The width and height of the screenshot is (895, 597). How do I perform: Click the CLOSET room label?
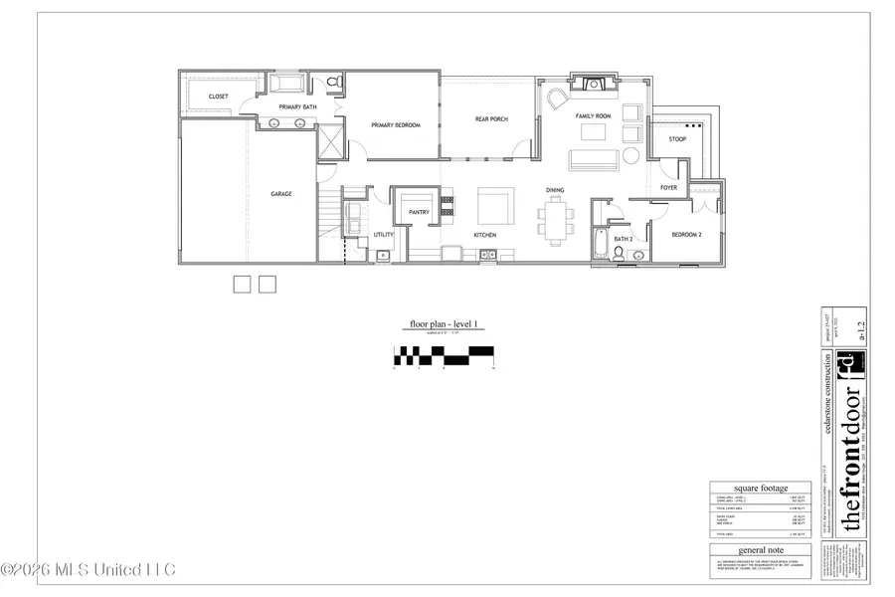click(218, 97)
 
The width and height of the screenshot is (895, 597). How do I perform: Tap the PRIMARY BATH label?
click(297, 107)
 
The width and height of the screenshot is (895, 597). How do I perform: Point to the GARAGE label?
click(281, 193)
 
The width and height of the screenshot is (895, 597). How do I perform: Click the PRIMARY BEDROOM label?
click(396, 125)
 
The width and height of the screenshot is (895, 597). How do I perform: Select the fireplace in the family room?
click(595, 85)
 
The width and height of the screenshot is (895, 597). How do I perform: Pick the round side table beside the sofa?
click(630, 157)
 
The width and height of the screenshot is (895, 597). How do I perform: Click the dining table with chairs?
click(556, 218)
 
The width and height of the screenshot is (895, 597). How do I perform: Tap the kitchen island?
click(495, 207)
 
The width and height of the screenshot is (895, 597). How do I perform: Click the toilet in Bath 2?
click(619, 254)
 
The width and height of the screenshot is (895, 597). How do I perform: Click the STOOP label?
click(677, 139)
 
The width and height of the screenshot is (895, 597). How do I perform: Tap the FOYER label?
click(668, 187)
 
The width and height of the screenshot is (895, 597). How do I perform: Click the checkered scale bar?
click(444, 352)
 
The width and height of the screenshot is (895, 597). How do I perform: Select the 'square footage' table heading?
click(760, 489)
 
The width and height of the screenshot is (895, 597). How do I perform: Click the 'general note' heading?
click(760, 549)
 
